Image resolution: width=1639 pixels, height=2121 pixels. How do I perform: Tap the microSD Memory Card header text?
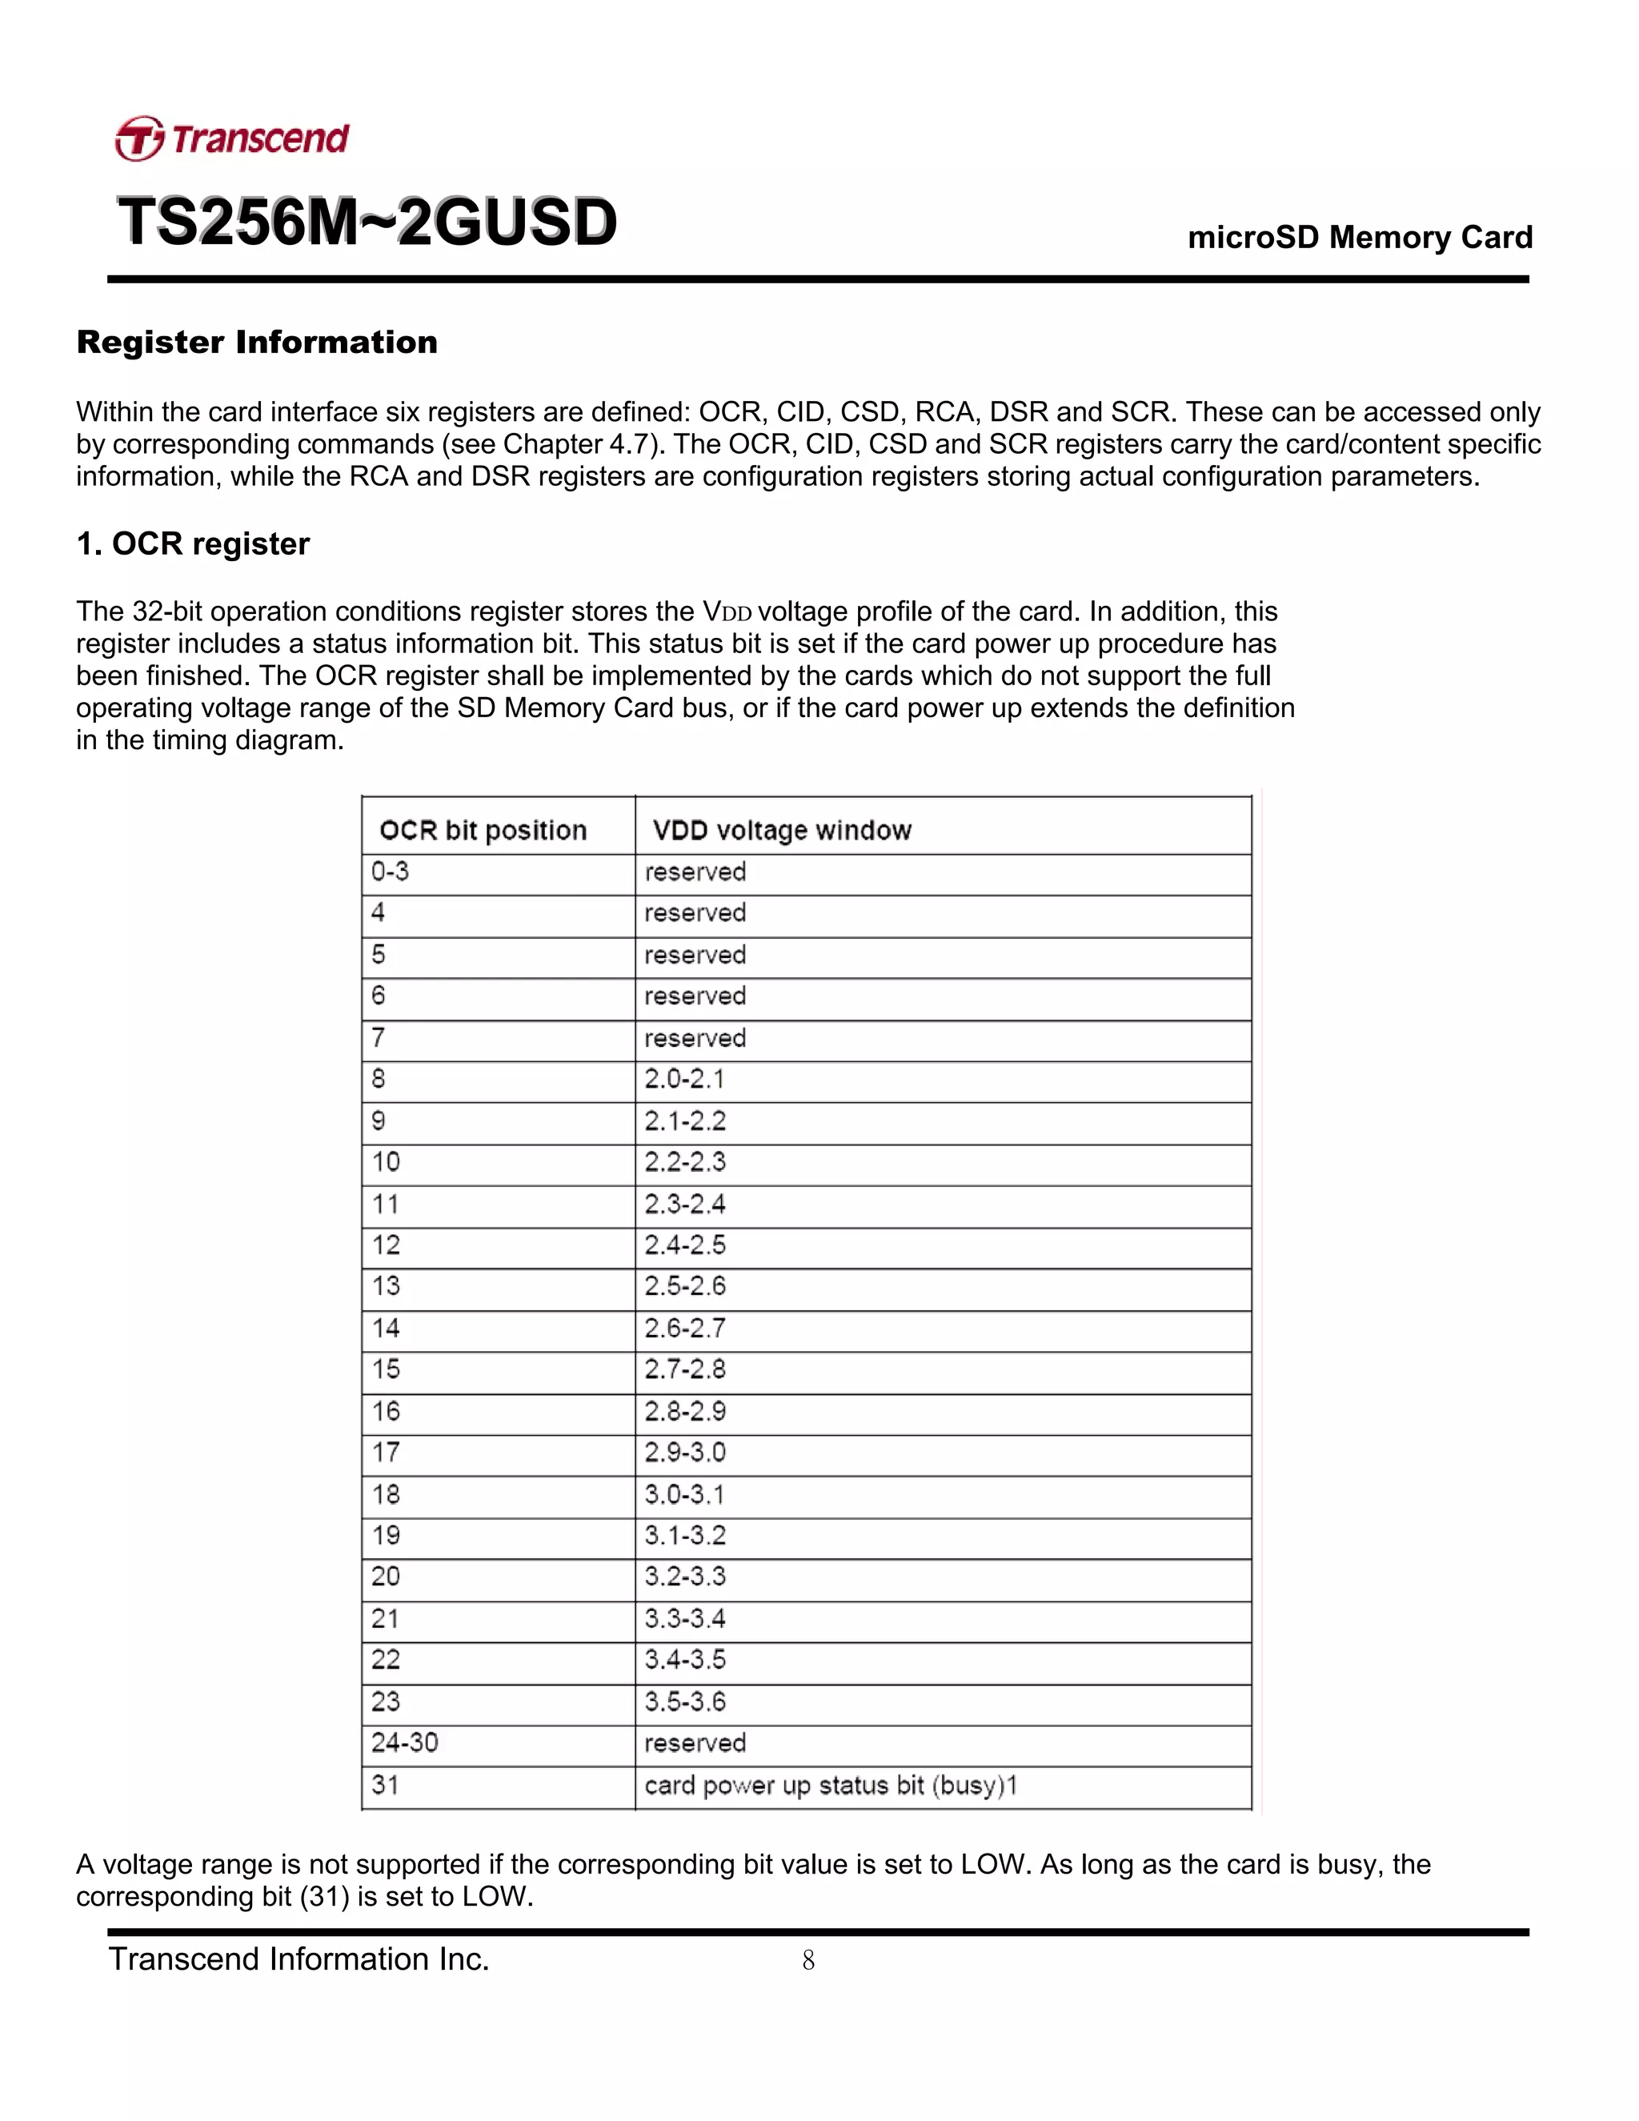pos(1360,237)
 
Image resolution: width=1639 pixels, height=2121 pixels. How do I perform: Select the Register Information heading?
pos(258,343)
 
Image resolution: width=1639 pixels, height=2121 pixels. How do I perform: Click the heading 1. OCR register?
pos(193,543)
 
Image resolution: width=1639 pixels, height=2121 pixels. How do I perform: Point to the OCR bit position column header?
pos(483,830)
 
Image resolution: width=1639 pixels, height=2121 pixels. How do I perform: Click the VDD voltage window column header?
pos(782,830)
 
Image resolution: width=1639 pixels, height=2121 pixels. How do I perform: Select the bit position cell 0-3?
pos(391,871)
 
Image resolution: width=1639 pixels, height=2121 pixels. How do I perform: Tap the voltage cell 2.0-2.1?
pos(684,1079)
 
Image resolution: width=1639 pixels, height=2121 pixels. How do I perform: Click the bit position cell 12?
pos(387,1245)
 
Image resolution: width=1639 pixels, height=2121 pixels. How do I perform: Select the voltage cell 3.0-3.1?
pos(684,1494)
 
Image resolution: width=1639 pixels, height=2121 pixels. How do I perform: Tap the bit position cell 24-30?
pos(405,1742)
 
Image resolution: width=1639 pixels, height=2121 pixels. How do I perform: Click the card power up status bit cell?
pos(830,1785)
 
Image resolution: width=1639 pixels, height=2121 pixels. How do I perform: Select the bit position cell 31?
pos(386,1785)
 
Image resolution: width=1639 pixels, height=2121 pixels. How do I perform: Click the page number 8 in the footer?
pos(807,1961)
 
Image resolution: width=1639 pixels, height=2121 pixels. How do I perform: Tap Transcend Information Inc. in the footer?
pos(299,1959)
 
